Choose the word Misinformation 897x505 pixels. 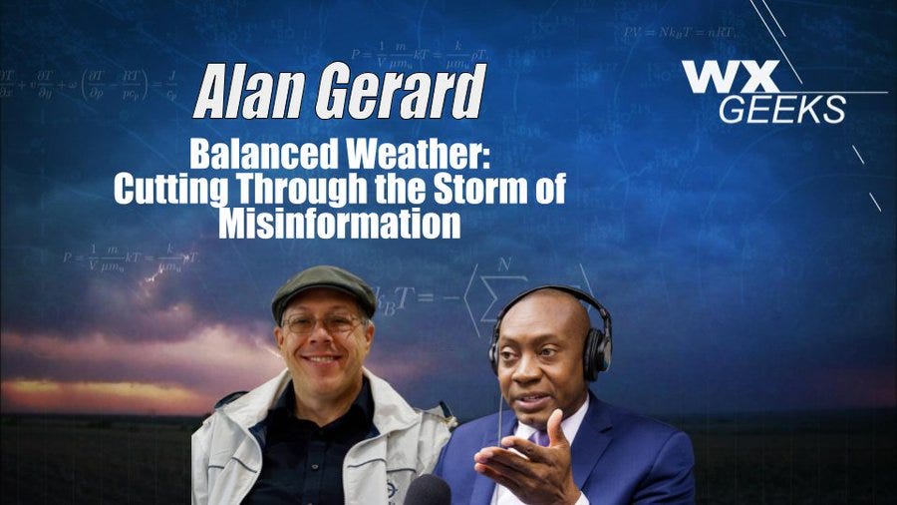340,223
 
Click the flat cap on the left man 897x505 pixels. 323,283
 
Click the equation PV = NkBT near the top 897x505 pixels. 679,33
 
